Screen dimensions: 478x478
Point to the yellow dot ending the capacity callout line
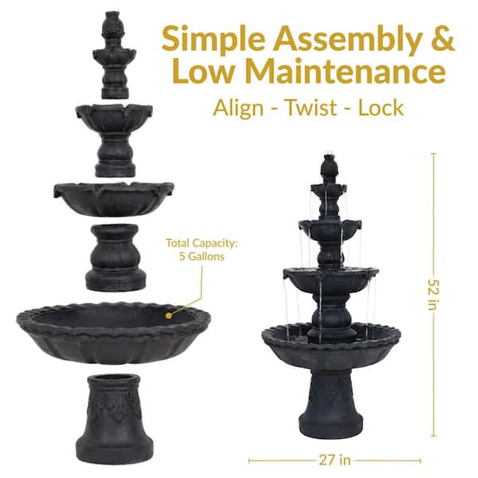point(169,315)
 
